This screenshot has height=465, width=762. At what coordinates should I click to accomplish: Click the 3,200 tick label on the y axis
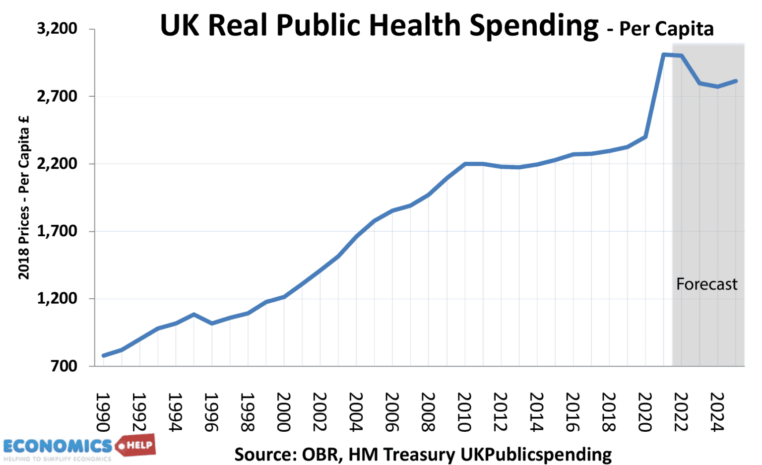[x=57, y=29]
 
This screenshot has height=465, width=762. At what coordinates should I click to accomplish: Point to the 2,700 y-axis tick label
[x=57, y=96]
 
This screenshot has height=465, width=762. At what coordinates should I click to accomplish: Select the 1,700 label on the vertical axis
[x=57, y=231]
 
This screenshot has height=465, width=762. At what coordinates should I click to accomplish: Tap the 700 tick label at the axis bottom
[x=64, y=366]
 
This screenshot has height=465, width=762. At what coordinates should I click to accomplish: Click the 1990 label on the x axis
[x=103, y=412]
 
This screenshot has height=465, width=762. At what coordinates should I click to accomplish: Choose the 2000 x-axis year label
[x=284, y=412]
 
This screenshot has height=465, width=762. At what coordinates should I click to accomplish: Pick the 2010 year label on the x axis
[x=465, y=412]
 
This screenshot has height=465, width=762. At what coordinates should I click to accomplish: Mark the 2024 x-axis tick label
[x=718, y=412]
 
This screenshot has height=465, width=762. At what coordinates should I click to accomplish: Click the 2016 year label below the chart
[x=573, y=412]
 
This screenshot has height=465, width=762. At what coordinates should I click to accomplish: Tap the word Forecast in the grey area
[x=706, y=284]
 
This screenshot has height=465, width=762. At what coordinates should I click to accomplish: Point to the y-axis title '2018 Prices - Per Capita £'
[x=24, y=198]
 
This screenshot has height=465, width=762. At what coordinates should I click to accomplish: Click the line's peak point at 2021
[x=664, y=54]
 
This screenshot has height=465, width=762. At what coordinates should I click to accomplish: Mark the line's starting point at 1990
[x=103, y=355]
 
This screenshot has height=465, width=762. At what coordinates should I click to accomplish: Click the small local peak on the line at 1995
[x=193, y=314]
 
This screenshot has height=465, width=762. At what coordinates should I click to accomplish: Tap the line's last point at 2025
[x=736, y=81]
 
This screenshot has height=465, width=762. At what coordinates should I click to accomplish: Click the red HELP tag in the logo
[x=136, y=445]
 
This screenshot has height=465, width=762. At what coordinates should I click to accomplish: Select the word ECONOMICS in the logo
[x=58, y=446]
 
